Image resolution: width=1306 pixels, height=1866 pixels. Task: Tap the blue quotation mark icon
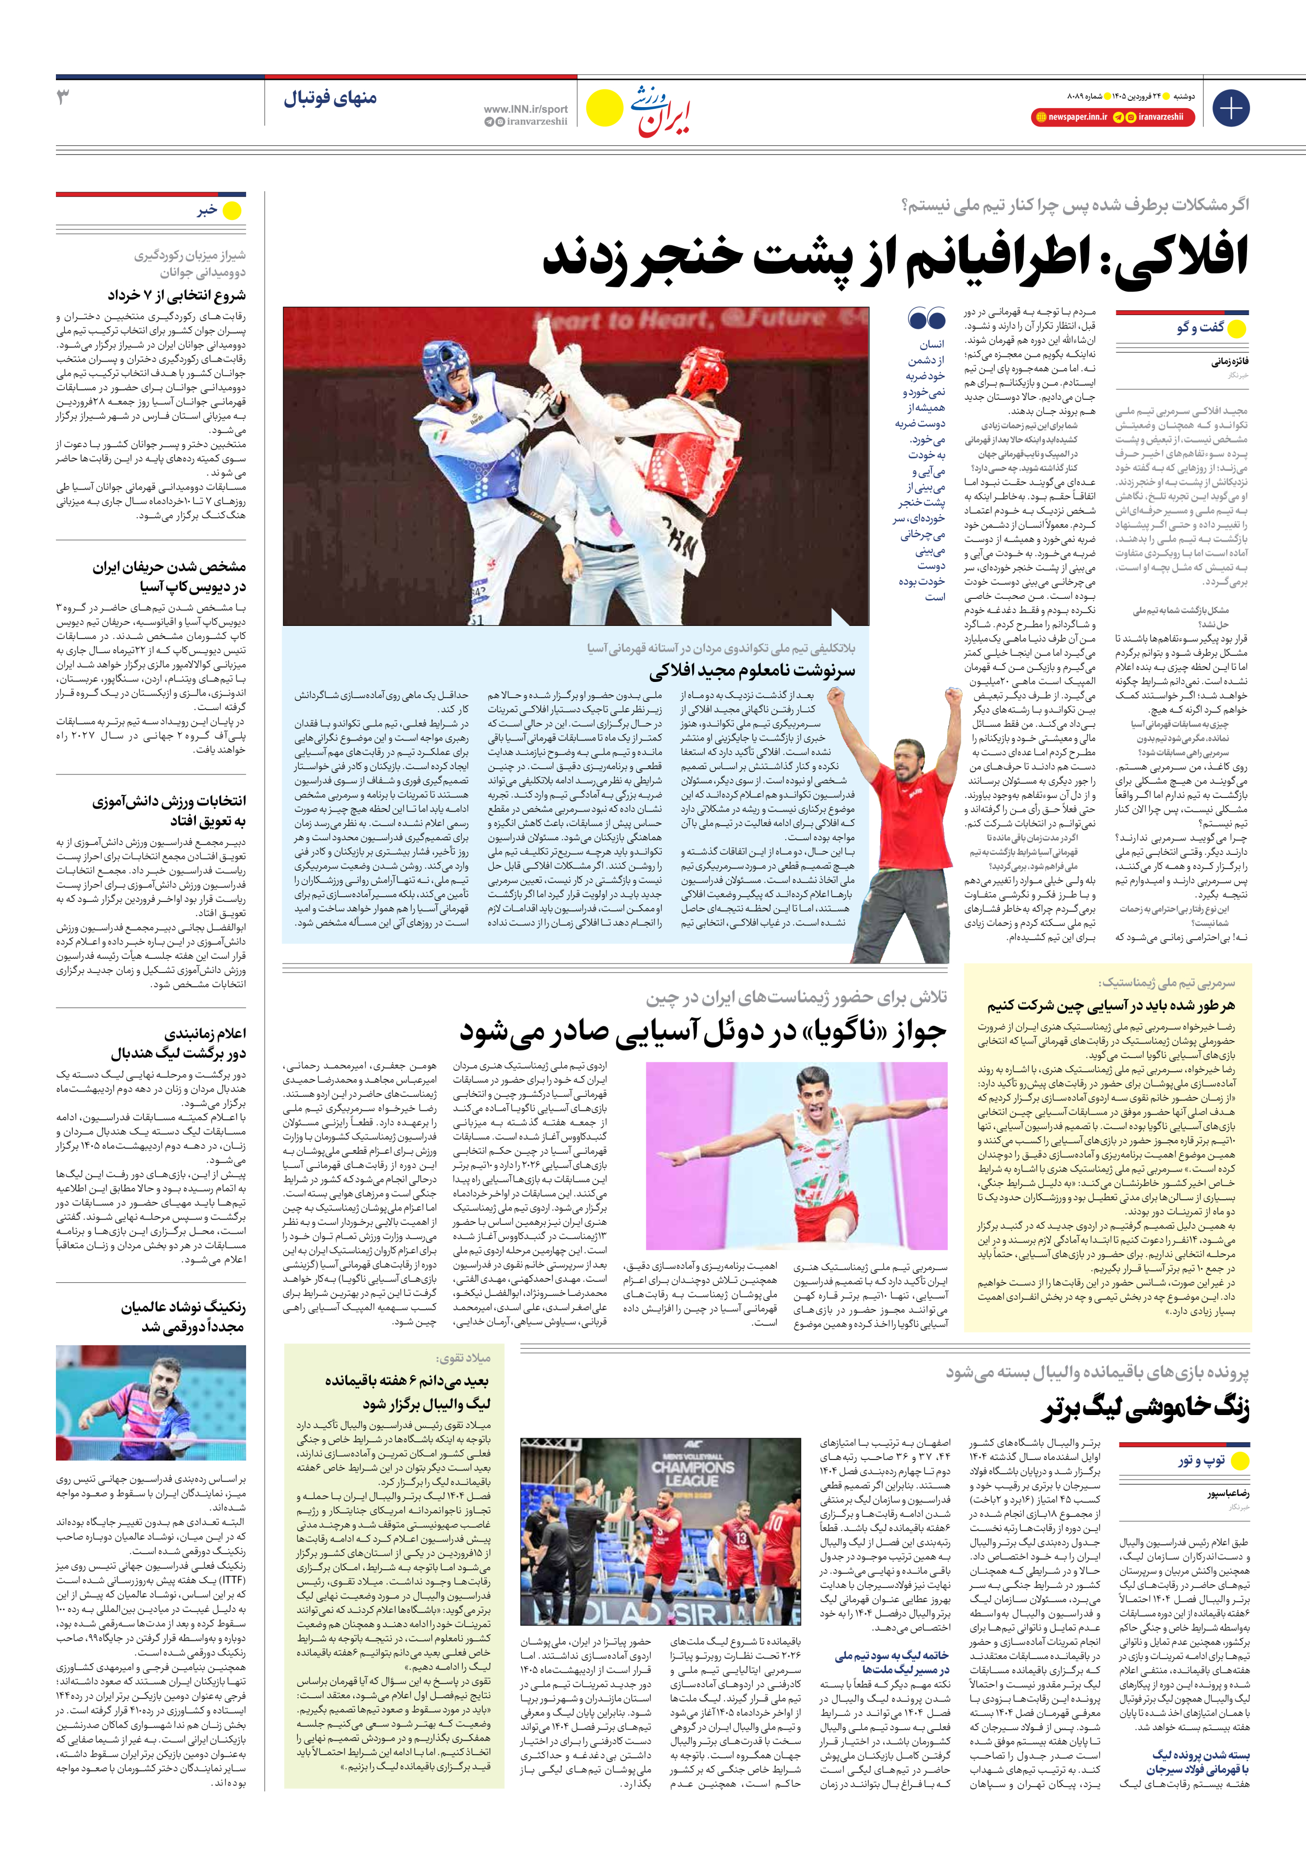(x=926, y=318)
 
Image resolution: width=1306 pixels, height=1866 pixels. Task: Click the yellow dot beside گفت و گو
(x=1236, y=328)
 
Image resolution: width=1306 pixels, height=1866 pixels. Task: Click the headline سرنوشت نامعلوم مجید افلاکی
(x=752, y=670)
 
